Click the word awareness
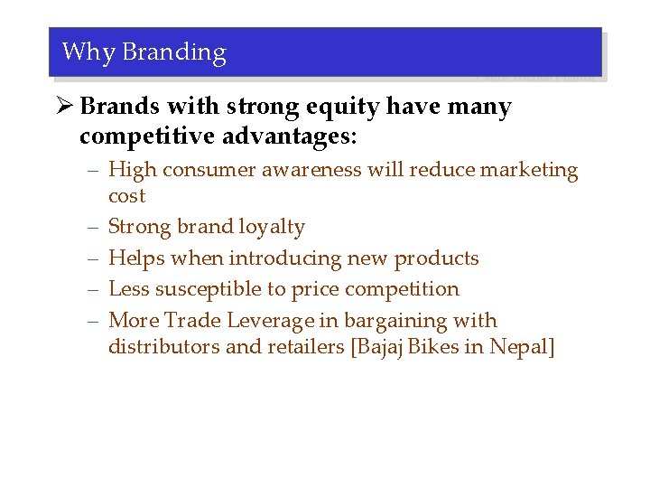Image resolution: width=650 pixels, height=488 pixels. [x=313, y=170]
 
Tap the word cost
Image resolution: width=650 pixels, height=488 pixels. [x=126, y=196]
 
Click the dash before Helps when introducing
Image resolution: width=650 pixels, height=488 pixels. [x=94, y=258]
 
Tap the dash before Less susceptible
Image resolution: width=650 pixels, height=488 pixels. [x=94, y=289]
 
